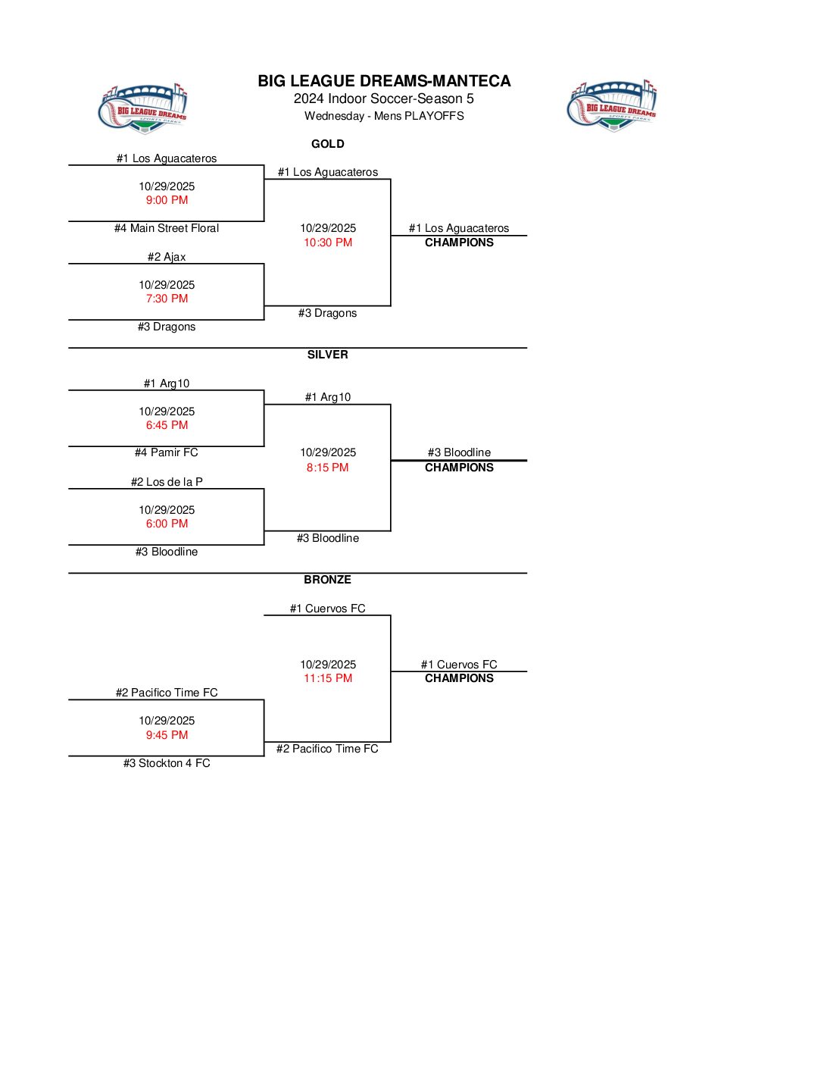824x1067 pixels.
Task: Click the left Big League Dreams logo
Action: pos(143,109)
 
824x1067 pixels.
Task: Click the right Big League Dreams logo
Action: pos(612,106)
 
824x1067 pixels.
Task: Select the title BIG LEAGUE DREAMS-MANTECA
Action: pos(384,81)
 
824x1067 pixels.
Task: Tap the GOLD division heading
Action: pos(328,144)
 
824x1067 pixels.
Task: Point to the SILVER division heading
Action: pos(328,355)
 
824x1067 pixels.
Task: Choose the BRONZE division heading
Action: pos(328,580)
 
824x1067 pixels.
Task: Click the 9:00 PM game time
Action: pos(167,200)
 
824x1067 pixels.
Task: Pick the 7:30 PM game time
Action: pos(167,299)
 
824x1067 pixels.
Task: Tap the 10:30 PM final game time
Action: pos(328,242)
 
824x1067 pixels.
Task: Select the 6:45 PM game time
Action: pos(167,425)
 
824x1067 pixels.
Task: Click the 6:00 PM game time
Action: pos(167,524)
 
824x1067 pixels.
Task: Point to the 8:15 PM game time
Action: pos(328,468)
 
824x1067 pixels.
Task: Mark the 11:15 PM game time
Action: pos(328,678)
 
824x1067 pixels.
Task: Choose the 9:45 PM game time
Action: pos(167,735)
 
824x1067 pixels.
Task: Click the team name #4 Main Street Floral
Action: pos(167,228)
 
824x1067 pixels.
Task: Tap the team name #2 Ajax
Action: pos(167,257)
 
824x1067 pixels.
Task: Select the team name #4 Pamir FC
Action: pos(167,452)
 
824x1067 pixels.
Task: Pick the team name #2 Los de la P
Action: pos(167,482)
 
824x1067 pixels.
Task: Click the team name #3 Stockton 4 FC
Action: pos(167,763)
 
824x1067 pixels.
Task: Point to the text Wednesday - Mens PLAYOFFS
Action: pos(384,116)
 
